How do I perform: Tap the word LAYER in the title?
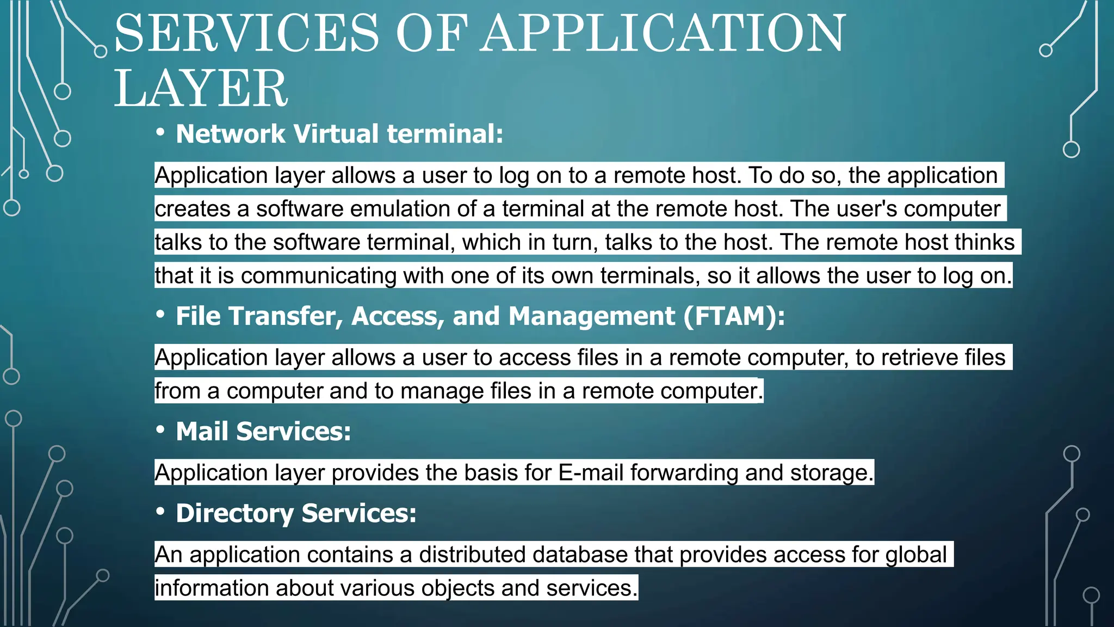200,89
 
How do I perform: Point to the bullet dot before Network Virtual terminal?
160,132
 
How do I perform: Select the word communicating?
318,276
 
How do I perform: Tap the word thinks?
985,242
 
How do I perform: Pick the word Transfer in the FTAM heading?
286,316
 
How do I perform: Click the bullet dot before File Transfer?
160,315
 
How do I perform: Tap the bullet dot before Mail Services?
160,430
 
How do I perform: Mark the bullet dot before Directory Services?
160,512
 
